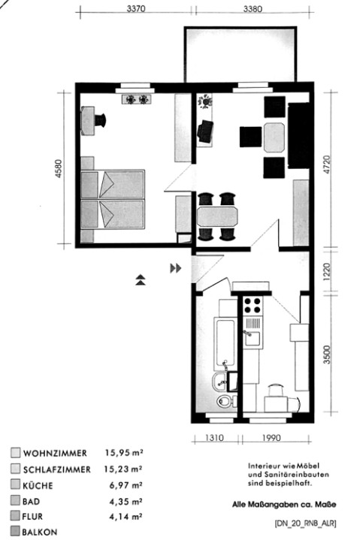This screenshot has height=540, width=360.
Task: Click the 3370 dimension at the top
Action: [136, 8]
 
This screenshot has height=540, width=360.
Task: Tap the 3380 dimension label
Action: [253, 9]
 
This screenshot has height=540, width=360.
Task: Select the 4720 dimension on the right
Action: [327, 165]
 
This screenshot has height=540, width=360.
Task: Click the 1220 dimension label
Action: [327, 272]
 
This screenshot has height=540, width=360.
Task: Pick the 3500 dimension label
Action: [327, 354]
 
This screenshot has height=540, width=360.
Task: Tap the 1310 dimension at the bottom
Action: [214, 438]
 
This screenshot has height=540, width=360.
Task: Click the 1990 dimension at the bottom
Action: [271, 438]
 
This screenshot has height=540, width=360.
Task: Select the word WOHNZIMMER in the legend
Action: [55, 453]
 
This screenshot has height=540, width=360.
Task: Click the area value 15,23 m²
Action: [124, 469]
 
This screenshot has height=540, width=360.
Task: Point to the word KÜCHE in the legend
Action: [38, 486]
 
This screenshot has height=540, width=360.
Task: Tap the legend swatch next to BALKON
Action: [15, 531]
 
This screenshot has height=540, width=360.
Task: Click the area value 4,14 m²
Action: [126, 517]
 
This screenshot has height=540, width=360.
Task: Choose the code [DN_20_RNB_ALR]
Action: [306, 523]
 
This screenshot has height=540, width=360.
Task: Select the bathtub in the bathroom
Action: [225, 344]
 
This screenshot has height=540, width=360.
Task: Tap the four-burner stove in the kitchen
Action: [253, 306]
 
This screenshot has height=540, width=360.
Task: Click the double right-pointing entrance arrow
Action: [175, 268]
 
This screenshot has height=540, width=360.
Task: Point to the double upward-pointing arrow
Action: [141, 280]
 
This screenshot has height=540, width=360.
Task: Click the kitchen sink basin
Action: [253, 338]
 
